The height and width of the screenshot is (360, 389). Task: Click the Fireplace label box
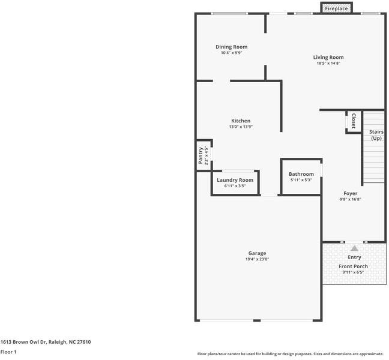[336, 9]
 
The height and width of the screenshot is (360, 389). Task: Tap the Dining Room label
[231, 47]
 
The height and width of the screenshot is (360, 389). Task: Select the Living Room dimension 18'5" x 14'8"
[328, 63]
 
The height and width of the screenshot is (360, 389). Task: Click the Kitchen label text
[241, 121]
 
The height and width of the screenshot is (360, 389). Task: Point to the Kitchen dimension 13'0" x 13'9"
[241, 127]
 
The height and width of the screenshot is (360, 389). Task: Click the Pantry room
[202, 155]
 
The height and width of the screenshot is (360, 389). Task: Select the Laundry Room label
[235, 180]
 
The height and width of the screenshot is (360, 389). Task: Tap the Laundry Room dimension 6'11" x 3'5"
[235, 186]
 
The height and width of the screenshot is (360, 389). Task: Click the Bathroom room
[301, 177]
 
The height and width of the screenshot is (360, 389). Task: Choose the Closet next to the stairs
[353, 121]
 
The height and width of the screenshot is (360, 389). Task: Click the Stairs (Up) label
[376, 135]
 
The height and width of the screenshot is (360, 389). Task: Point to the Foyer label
[350, 194]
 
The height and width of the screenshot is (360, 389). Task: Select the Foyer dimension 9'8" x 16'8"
[350, 200]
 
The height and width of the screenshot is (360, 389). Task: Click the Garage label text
[257, 253]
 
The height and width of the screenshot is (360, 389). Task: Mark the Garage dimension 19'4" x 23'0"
[257, 259]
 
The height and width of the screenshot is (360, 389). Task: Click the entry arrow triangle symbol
[354, 248]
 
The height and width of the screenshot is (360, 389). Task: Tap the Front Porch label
[353, 266]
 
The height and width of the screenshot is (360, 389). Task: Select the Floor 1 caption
[8, 352]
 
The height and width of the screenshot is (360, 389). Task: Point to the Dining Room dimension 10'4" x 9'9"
[231, 53]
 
